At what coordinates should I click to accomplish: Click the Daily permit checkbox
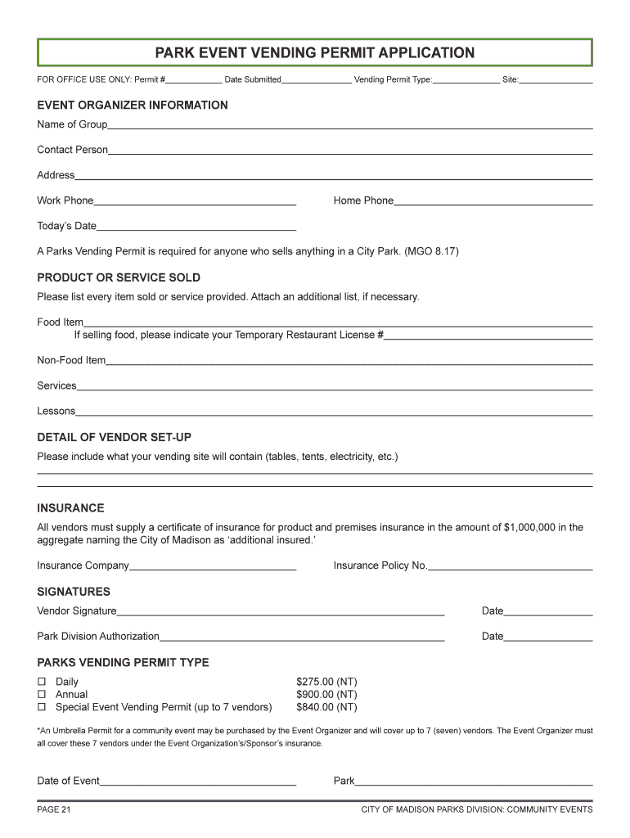click(x=41, y=682)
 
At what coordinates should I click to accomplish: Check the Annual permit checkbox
click(x=41, y=695)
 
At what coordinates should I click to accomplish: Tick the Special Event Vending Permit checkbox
click(x=41, y=707)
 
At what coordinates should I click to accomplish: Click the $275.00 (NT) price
click(x=326, y=682)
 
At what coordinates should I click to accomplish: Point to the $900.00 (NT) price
click(x=326, y=695)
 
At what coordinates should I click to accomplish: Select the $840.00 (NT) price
click(x=326, y=707)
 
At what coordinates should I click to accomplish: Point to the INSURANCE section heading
click(x=70, y=508)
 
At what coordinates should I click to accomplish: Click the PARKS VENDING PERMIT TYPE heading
click(x=123, y=663)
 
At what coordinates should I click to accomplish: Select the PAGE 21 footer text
click(x=54, y=810)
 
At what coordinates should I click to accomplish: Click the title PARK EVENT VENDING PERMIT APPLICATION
click(x=315, y=53)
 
